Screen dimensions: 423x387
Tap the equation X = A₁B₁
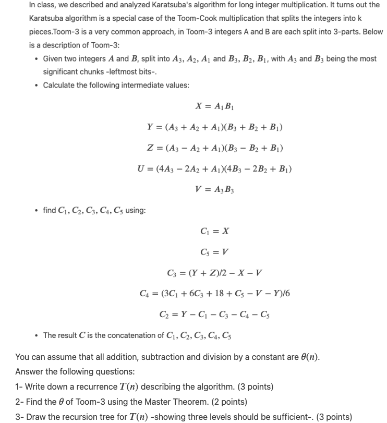pos(214,106)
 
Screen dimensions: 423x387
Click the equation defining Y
pos(214,127)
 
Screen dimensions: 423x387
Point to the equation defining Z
pos(214,148)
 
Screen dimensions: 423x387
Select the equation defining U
pos(214,169)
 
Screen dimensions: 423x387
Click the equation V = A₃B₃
pos(214,190)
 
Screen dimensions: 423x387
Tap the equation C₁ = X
pos(214,231)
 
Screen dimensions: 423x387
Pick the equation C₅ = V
pos(214,252)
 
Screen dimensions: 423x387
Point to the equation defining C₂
pos(214,315)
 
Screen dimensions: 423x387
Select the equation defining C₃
pos(214,273)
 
